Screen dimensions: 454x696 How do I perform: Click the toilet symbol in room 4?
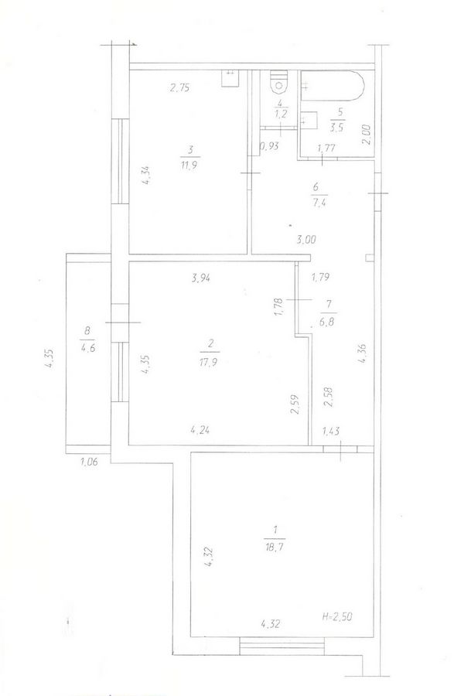(279, 81)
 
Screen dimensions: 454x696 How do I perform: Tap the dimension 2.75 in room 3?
(180, 88)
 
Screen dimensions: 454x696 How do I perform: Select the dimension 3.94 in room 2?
(200, 278)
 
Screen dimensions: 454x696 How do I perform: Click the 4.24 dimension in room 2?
(200, 429)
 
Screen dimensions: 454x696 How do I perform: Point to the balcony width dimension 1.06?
(89, 462)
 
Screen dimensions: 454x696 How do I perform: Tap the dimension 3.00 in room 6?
(306, 240)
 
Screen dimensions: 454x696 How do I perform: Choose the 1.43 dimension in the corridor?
(330, 430)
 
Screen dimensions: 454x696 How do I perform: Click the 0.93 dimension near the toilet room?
(269, 146)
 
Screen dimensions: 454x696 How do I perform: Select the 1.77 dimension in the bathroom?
(326, 148)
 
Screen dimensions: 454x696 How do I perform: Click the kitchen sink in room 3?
(230, 79)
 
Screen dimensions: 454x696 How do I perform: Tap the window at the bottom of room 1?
(282, 646)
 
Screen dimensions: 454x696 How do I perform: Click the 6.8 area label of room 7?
(328, 321)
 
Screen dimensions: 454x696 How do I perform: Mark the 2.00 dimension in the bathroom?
(366, 135)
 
